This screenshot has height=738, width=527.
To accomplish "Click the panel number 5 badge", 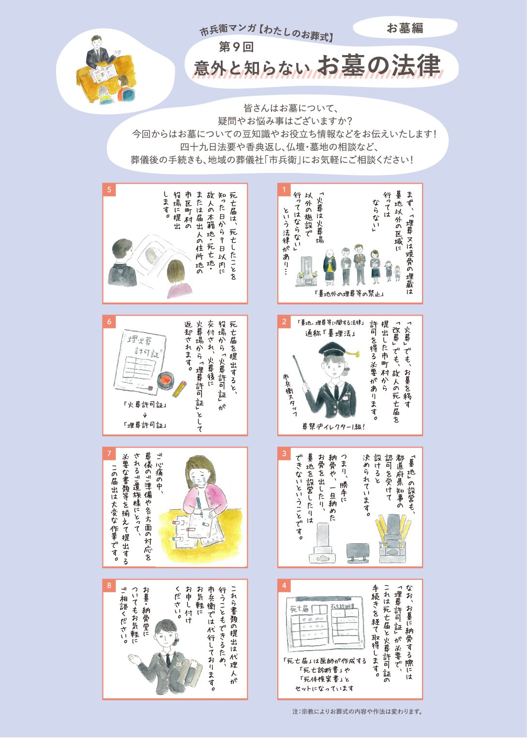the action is tap(109, 190).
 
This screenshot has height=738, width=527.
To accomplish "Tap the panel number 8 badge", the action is tap(109, 585).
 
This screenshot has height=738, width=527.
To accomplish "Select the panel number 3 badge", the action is tap(284, 454).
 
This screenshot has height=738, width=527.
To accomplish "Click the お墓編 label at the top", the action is tap(405, 28).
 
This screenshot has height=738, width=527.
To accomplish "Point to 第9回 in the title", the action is tap(236, 47).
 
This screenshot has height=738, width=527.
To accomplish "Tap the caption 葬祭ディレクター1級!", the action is tap(333, 427).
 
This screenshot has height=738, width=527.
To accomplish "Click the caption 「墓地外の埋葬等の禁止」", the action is tap(349, 293).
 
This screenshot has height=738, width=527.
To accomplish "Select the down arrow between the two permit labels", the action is tap(145, 415).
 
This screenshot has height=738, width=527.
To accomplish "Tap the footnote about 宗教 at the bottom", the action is tap(357, 711).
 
